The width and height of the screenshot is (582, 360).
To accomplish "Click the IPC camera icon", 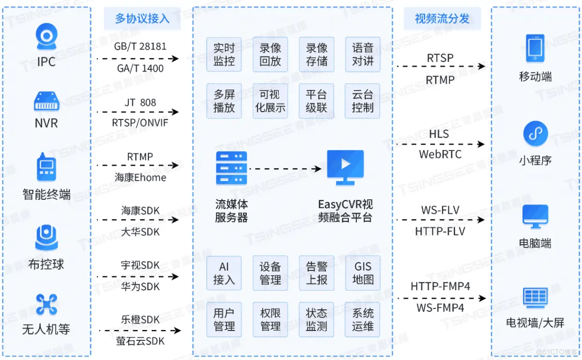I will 46,37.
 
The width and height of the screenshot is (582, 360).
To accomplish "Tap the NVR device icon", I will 46,102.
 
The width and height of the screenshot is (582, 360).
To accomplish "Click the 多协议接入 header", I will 142,19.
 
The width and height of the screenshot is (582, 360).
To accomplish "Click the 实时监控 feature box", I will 224,55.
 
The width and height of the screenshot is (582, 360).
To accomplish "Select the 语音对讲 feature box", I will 363,55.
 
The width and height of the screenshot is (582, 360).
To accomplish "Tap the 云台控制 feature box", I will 363,101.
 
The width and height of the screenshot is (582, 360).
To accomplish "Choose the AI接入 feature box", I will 224,273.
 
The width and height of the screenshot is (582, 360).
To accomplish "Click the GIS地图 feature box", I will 363,273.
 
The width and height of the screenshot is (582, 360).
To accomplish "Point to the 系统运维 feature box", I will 363,320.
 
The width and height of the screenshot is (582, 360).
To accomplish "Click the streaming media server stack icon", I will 231,168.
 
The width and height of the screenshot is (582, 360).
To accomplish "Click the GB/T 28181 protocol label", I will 140,47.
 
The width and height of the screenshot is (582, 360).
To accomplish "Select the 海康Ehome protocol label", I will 141,178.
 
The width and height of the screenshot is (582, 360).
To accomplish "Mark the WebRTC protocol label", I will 440,154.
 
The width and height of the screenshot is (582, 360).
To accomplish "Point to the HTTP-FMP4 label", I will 440,286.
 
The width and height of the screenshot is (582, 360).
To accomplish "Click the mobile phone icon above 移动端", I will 535,48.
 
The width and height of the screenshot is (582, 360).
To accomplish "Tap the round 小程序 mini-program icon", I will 535,134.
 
